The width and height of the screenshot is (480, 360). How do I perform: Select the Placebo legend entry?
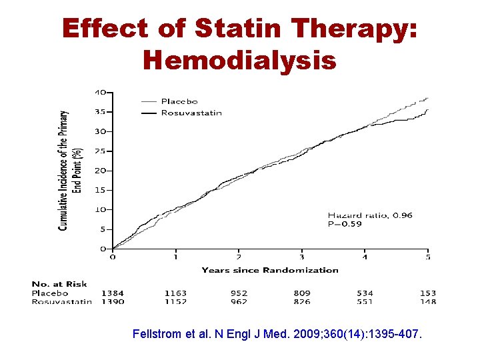[179, 101]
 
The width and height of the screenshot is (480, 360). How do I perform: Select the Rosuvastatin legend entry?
[191, 113]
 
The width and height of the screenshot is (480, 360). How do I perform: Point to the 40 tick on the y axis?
[99, 92]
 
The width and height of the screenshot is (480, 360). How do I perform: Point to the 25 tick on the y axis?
[99, 151]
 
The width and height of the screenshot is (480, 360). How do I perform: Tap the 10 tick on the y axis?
[99, 209]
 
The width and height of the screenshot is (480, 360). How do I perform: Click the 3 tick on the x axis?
[302, 257]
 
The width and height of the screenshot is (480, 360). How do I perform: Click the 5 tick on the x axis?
[428, 257]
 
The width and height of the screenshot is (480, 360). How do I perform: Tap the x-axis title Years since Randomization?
[270, 270]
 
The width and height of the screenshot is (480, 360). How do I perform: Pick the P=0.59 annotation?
[345, 224]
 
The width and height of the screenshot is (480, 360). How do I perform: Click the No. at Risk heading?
[59, 285]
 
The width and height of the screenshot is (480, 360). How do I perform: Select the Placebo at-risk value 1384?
[112, 293]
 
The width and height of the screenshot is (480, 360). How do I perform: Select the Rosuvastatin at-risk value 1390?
[112, 301]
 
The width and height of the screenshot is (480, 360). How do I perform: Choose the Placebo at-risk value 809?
[303, 293]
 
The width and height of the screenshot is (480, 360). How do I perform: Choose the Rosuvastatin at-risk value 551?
[365, 301]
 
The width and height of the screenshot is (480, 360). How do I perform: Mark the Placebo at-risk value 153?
[427, 293]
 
